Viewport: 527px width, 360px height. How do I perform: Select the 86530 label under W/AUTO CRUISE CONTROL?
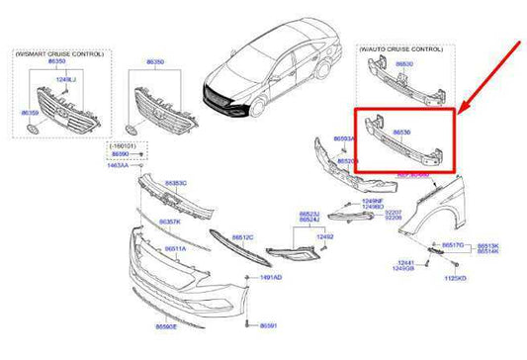point(406,63)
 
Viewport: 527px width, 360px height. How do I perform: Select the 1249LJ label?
point(65,78)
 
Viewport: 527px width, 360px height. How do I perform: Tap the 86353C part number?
point(177,183)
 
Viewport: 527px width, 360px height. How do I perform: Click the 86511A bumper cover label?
point(176,249)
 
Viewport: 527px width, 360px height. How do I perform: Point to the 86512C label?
point(242,237)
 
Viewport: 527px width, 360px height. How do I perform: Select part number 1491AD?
point(271,278)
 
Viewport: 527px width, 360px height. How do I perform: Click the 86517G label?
point(454,243)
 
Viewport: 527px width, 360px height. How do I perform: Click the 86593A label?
point(345,139)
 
